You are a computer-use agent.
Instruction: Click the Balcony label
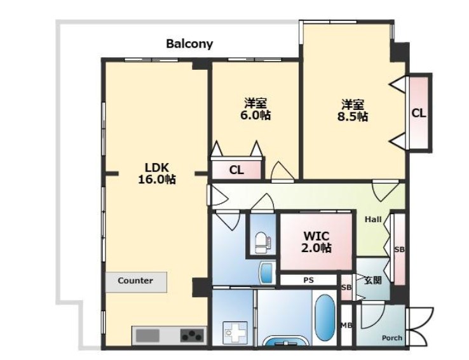click(x=189, y=44)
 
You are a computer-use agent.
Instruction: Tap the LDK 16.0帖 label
click(x=157, y=173)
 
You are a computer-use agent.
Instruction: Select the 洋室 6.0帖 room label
click(x=255, y=109)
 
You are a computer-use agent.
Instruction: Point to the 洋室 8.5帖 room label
click(x=353, y=110)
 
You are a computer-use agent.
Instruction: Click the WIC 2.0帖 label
click(x=316, y=242)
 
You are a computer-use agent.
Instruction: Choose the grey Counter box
click(x=136, y=282)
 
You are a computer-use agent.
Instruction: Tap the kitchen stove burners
click(x=192, y=335)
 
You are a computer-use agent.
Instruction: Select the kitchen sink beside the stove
click(x=147, y=335)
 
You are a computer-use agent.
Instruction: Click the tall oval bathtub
click(x=325, y=318)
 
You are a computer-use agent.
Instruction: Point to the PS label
click(x=309, y=280)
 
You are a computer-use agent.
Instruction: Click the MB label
click(x=346, y=326)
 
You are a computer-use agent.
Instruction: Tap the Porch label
click(x=392, y=338)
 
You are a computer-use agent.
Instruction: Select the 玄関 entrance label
click(x=372, y=280)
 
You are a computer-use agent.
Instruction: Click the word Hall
click(x=373, y=220)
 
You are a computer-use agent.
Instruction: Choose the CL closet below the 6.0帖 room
click(x=236, y=170)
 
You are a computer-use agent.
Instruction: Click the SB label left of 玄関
click(x=346, y=288)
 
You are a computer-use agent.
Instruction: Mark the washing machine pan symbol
click(x=236, y=331)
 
